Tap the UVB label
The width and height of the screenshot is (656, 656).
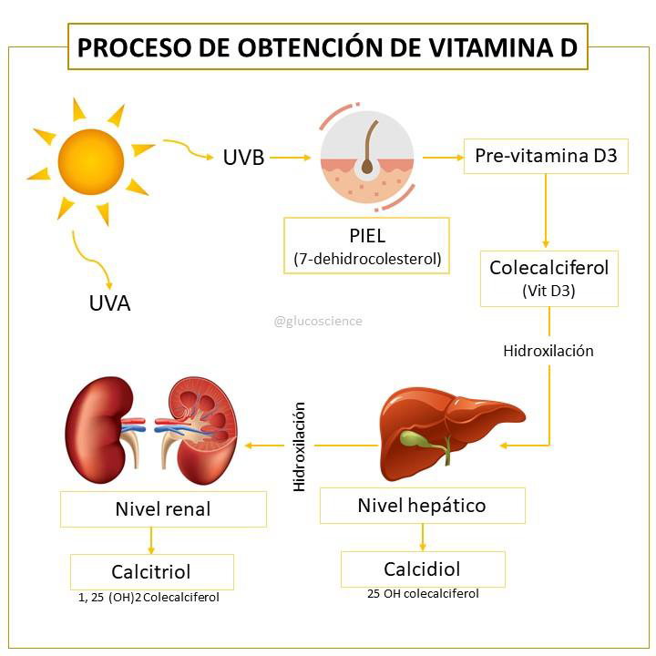point(243,158)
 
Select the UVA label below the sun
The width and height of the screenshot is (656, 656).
point(109,302)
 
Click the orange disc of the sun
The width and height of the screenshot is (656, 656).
point(91,162)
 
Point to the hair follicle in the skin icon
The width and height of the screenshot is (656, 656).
point(368,148)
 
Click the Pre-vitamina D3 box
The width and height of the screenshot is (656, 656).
point(546,156)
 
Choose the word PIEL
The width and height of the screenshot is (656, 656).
point(367,236)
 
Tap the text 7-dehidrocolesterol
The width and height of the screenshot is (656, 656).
point(367,259)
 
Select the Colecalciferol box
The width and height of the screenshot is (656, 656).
point(548,279)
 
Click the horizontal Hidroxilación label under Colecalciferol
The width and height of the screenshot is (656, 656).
point(548,351)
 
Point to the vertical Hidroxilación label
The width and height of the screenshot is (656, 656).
point(299,446)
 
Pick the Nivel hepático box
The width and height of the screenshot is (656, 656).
point(423,506)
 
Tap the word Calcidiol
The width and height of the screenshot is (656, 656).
point(422,569)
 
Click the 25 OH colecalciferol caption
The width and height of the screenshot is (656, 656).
point(423,594)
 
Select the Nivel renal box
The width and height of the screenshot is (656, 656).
point(163,509)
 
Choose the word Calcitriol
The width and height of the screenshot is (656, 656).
point(151,572)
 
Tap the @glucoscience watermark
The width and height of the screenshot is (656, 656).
point(318,321)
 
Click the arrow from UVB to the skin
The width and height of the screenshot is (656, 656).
point(291,158)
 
